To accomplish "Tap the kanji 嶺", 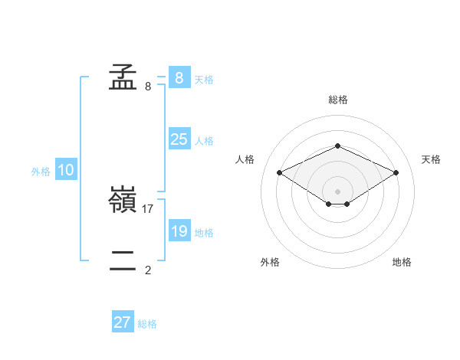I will tap(123, 201).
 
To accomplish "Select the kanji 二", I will tap(123, 261).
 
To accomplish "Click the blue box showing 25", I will tap(179, 139).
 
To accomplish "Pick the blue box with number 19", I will tap(179, 231).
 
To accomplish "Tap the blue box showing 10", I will tap(65, 171).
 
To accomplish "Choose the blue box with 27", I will tap(122, 322).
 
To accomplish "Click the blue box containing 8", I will tap(179, 77).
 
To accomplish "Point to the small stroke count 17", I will tap(149, 208).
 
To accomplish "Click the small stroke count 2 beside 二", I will tap(148, 270).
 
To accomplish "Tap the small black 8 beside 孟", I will tap(148, 86).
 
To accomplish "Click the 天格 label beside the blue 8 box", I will tap(204, 79).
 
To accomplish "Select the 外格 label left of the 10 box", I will tap(41, 172).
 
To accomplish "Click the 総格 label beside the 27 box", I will tap(147, 324).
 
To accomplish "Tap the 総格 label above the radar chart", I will tap(338, 100).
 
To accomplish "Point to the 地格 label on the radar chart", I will tap(402, 262).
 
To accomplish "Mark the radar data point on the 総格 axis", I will tap(337, 146).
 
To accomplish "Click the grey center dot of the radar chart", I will tap(337, 191).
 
